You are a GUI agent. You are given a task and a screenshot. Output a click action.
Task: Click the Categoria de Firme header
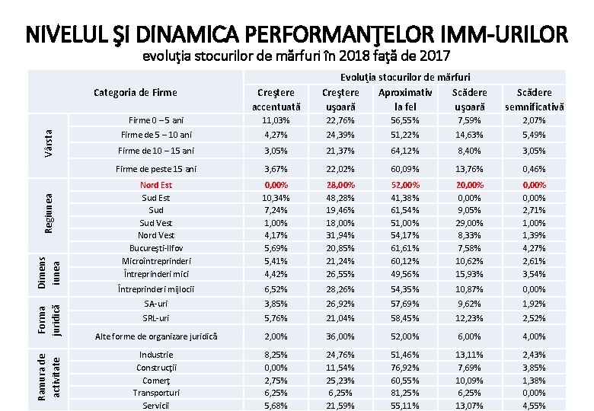coord(135,93)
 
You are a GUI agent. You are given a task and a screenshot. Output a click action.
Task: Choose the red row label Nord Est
coord(156,185)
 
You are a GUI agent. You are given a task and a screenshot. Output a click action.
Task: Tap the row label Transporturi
coord(156,393)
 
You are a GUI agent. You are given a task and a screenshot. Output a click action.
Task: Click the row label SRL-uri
coord(156,318)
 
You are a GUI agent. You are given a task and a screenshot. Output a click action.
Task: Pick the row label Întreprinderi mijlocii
coord(156,289)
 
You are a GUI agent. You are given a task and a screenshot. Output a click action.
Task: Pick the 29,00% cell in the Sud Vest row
coord(469,223)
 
